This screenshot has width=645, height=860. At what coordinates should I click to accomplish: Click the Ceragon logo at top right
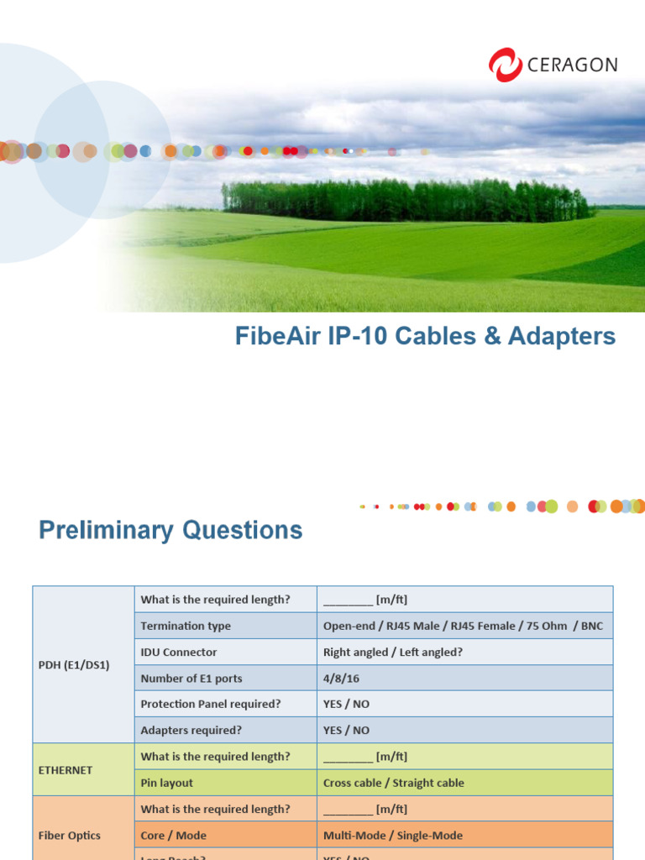[553, 65]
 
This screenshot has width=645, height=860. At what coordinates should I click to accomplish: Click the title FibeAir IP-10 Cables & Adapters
[425, 337]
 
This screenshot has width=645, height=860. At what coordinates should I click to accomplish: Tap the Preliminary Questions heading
[170, 530]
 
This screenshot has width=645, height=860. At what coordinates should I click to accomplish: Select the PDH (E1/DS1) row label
[74, 664]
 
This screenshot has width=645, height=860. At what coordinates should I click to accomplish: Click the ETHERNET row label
[66, 769]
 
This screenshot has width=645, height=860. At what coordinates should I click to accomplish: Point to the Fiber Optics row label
[70, 835]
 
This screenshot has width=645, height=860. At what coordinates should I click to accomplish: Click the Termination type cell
[186, 626]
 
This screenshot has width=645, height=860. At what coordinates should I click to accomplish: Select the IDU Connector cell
[179, 652]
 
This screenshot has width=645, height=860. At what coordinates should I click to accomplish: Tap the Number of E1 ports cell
[191, 678]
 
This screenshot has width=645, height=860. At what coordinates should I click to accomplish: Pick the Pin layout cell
[167, 783]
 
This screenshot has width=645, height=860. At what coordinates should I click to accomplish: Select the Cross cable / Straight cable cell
[393, 783]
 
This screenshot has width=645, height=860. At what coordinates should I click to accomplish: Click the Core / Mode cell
[174, 836]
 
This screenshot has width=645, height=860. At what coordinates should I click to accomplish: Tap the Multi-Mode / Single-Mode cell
[392, 836]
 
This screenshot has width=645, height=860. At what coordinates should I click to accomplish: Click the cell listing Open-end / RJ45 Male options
[463, 626]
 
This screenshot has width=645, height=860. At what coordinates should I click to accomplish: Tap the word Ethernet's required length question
[216, 757]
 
